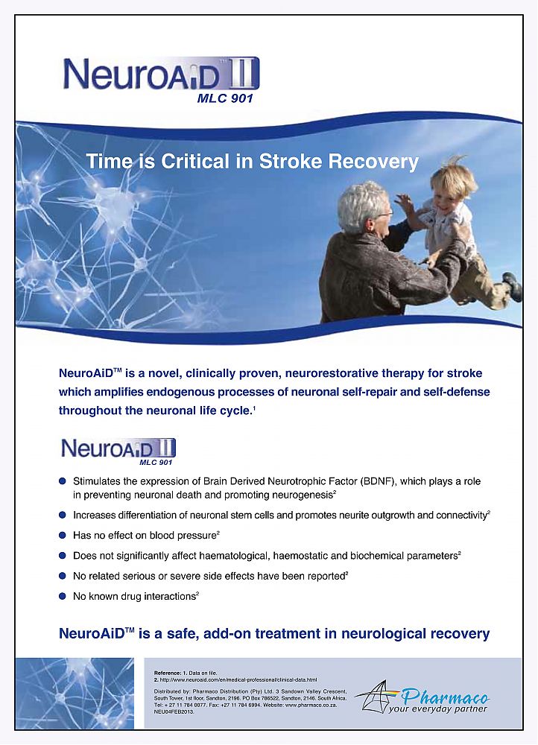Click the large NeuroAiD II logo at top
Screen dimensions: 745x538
click(x=160, y=74)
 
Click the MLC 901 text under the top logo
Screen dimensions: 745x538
click(x=224, y=99)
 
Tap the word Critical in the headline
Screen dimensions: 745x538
click(x=205, y=161)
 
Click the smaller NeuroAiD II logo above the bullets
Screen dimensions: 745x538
click(x=118, y=448)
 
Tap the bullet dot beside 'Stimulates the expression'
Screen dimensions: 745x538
click(x=63, y=481)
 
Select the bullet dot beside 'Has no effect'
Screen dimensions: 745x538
click(x=63, y=535)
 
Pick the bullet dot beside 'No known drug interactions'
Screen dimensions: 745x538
click(x=63, y=596)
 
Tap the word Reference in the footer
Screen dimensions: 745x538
click(x=168, y=673)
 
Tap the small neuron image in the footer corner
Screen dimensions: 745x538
click(x=75, y=693)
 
